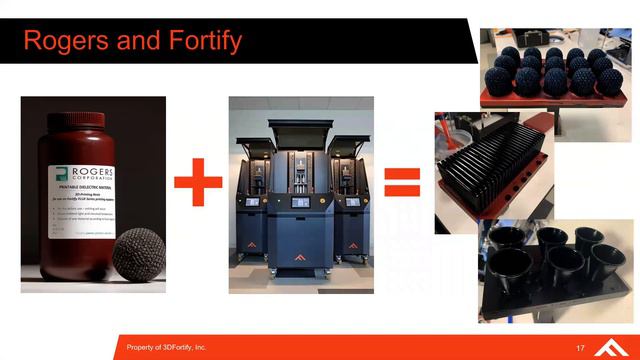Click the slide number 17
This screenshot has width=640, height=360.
(580, 347)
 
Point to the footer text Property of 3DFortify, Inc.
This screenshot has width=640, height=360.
(166, 347)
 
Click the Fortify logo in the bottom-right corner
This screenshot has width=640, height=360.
(610, 346)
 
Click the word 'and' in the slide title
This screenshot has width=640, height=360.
(133, 42)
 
